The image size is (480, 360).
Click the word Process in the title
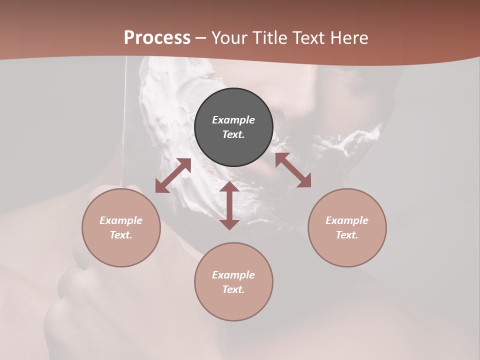point(157,38)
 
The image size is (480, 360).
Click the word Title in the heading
point(269,38)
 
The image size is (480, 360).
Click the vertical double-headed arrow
point(229,205)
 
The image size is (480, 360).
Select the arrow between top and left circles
point(173,175)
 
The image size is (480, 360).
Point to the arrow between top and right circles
point(293,170)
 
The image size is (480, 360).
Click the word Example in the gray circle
point(233,120)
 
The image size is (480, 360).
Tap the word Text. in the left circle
point(121,235)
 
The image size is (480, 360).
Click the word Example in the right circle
point(347,220)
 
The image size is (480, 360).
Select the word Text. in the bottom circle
point(233,289)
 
